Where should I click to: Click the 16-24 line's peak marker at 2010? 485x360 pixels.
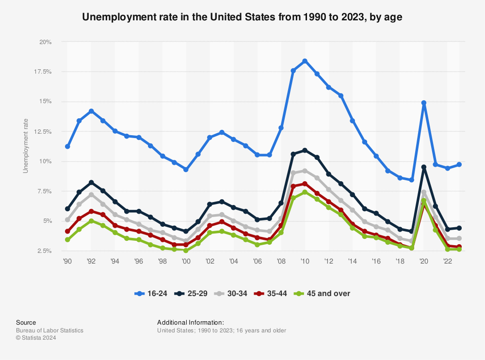(305, 61)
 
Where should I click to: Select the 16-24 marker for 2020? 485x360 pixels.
(424, 103)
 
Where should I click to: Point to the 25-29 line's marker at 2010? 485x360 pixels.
(305, 150)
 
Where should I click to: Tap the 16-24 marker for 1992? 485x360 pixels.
(91, 111)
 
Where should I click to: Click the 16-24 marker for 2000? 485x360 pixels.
(186, 170)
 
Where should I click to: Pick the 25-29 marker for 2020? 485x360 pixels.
(424, 167)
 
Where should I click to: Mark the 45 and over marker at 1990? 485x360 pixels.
(67, 240)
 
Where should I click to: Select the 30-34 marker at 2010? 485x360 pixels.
(305, 171)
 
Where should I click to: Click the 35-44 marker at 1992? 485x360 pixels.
(91, 211)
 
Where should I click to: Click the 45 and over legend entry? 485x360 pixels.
(324, 293)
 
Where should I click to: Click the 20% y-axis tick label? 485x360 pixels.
(46, 42)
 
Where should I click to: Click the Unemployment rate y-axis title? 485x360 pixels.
(26, 146)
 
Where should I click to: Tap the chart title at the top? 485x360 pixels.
(242, 17)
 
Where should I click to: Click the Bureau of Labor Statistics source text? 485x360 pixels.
(49, 330)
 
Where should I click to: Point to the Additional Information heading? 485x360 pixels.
(190, 322)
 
